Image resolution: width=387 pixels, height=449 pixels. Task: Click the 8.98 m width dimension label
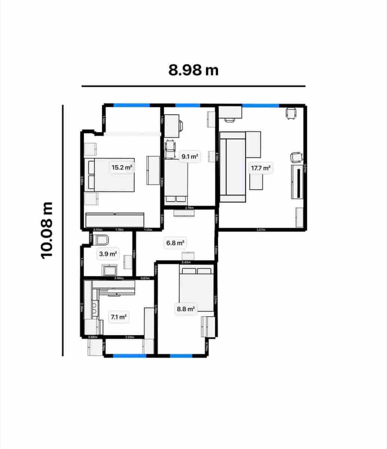click(x=193, y=70)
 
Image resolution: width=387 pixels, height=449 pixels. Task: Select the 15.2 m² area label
click(x=122, y=167)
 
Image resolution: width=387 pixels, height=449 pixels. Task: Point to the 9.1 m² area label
click(x=189, y=156)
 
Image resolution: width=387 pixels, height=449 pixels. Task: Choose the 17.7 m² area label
click(x=260, y=168)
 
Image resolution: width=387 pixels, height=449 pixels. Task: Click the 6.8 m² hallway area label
click(x=176, y=243)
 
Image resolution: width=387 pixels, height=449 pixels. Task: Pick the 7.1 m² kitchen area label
click(x=118, y=317)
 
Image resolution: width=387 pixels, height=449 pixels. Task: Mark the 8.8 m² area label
click(x=186, y=309)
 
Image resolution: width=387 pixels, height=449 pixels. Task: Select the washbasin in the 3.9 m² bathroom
click(x=110, y=270)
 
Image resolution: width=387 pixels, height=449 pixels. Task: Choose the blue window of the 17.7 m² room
click(x=260, y=106)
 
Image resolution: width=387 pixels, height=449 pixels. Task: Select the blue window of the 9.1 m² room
click(x=188, y=106)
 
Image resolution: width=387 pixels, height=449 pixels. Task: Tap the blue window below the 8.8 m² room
click(x=181, y=356)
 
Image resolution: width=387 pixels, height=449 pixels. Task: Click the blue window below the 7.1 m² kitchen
click(x=129, y=356)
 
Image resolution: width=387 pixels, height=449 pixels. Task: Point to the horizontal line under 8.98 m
click(x=193, y=86)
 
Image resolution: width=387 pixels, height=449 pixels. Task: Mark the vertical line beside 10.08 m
click(x=63, y=230)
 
